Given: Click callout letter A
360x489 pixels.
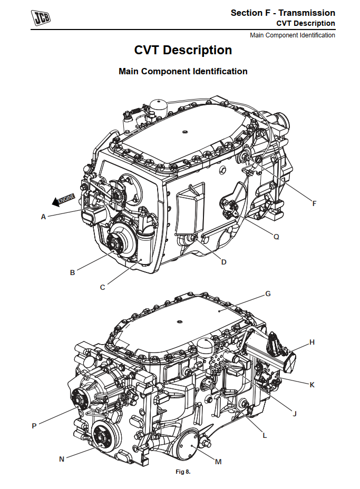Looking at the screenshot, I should [x=43, y=216].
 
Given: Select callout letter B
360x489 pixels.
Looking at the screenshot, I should [x=72, y=272].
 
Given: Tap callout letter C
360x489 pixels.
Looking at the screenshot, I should [x=103, y=287].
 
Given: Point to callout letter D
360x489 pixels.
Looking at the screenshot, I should [x=223, y=262].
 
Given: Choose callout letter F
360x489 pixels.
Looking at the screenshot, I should [x=315, y=203].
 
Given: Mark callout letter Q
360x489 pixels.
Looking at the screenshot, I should [x=276, y=237].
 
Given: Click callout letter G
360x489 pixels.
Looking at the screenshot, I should [x=268, y=294].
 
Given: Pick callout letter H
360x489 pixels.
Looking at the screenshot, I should [x=312, y=342].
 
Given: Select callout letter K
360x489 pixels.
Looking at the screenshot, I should [x=312, y=385].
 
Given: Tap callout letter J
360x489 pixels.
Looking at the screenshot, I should [x=295, y=414].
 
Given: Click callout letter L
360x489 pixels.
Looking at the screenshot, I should [x=265, y=436].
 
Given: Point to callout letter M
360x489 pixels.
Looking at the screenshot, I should [x=218, y=462].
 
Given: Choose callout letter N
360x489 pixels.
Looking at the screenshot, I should [x=62, y=459].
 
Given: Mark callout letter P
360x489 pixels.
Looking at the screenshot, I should [x=34, y=426].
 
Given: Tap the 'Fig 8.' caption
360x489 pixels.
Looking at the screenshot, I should [x=183, y=472].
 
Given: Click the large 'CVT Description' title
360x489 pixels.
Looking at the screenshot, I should [x=183, y=51].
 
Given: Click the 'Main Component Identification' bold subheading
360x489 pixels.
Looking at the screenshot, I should [x=183, y=71].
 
